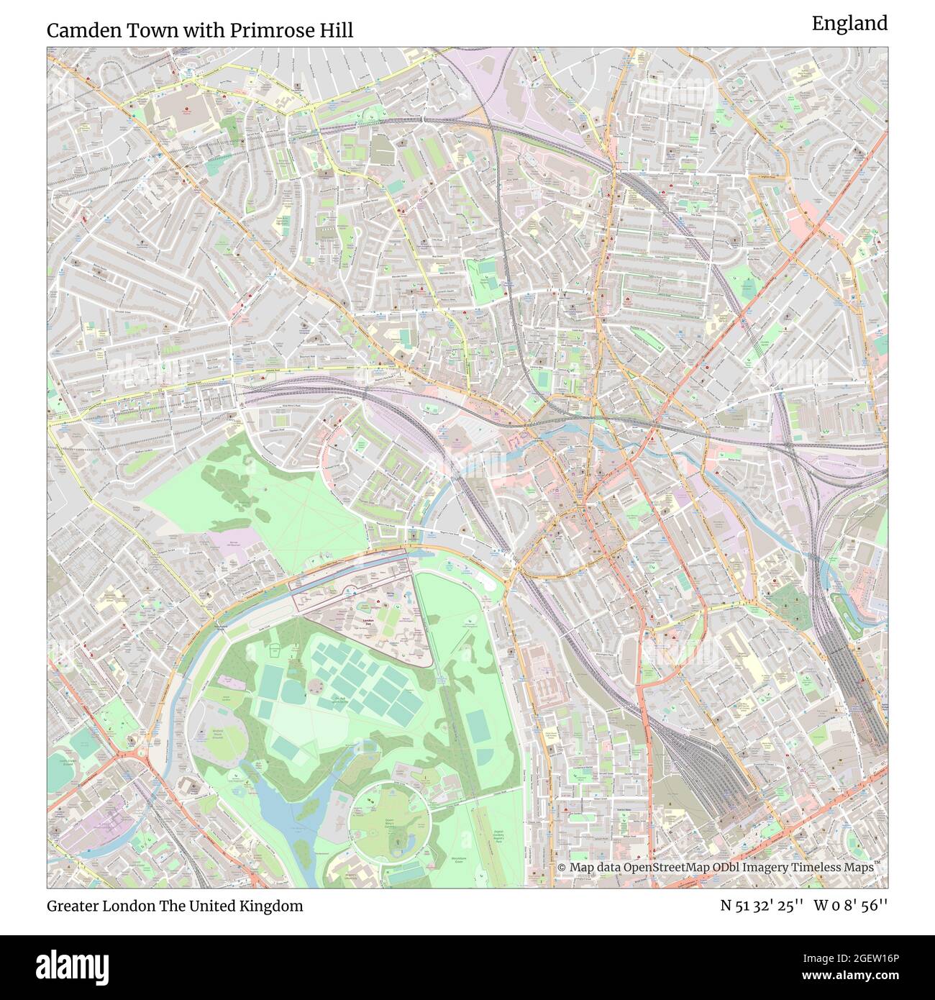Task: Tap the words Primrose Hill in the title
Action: point(298,30)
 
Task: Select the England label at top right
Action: point(849,24)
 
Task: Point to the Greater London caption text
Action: point(101,906)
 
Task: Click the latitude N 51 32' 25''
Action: point(762,906)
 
